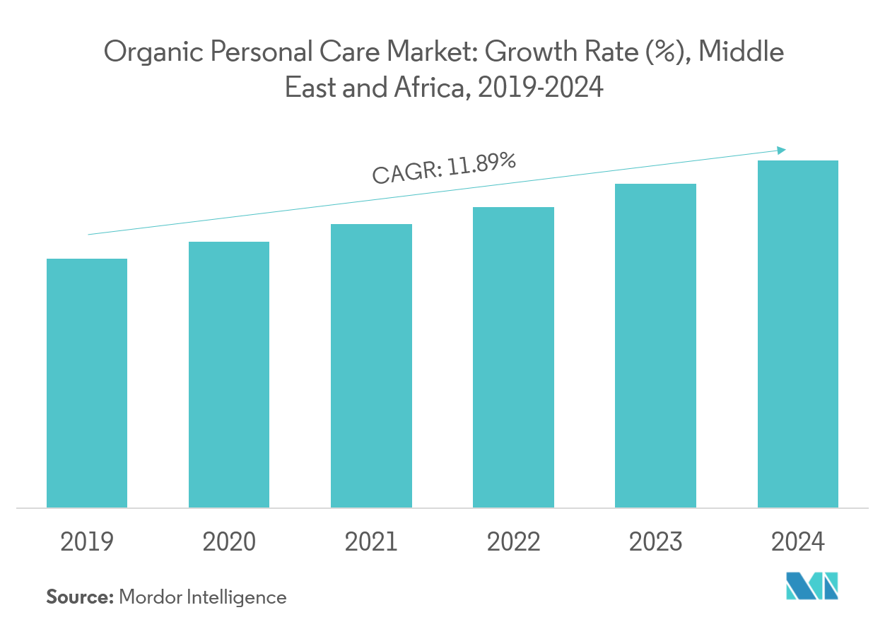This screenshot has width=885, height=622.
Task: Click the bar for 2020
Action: point(229,375)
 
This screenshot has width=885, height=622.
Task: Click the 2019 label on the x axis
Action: point(87,542)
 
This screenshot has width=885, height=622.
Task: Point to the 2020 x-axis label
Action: point(229,542)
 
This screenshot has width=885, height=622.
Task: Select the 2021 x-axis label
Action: point(371,542)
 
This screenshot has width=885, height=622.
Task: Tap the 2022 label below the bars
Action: point(513,542)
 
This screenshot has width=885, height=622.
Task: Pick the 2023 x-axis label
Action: point(655,542)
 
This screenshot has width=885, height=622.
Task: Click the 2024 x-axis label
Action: point(797,542)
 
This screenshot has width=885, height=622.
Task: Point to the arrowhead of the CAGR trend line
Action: point(782,150)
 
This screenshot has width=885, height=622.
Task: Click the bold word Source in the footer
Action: point(79,597)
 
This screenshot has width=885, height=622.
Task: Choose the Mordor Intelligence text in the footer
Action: point(203,597)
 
